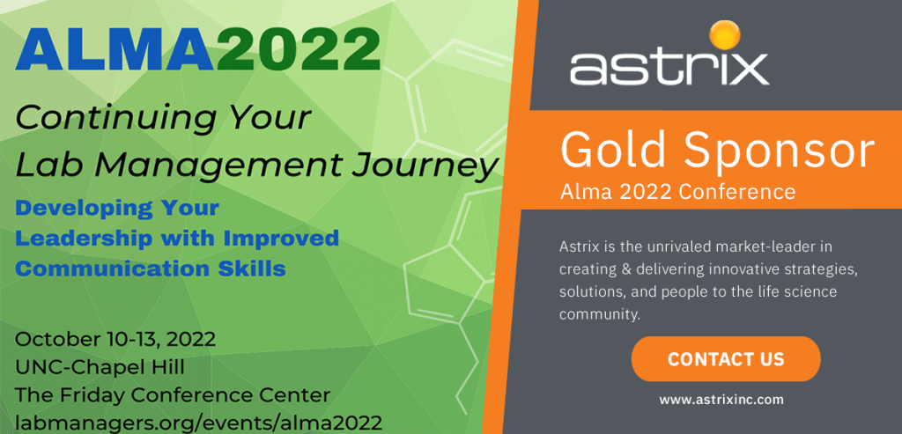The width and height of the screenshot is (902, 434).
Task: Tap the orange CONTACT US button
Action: click(x=726, y=359)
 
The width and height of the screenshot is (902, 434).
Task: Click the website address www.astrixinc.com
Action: click(x=721, y=400)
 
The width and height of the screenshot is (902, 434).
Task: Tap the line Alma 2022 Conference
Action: click(x=677, y=191)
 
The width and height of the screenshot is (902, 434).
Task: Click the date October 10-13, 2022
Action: click(x=115, y=339)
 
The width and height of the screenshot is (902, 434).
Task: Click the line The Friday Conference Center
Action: click(x=173, y=394)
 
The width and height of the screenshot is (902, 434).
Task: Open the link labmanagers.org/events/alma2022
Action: click(x=199, y=422)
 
